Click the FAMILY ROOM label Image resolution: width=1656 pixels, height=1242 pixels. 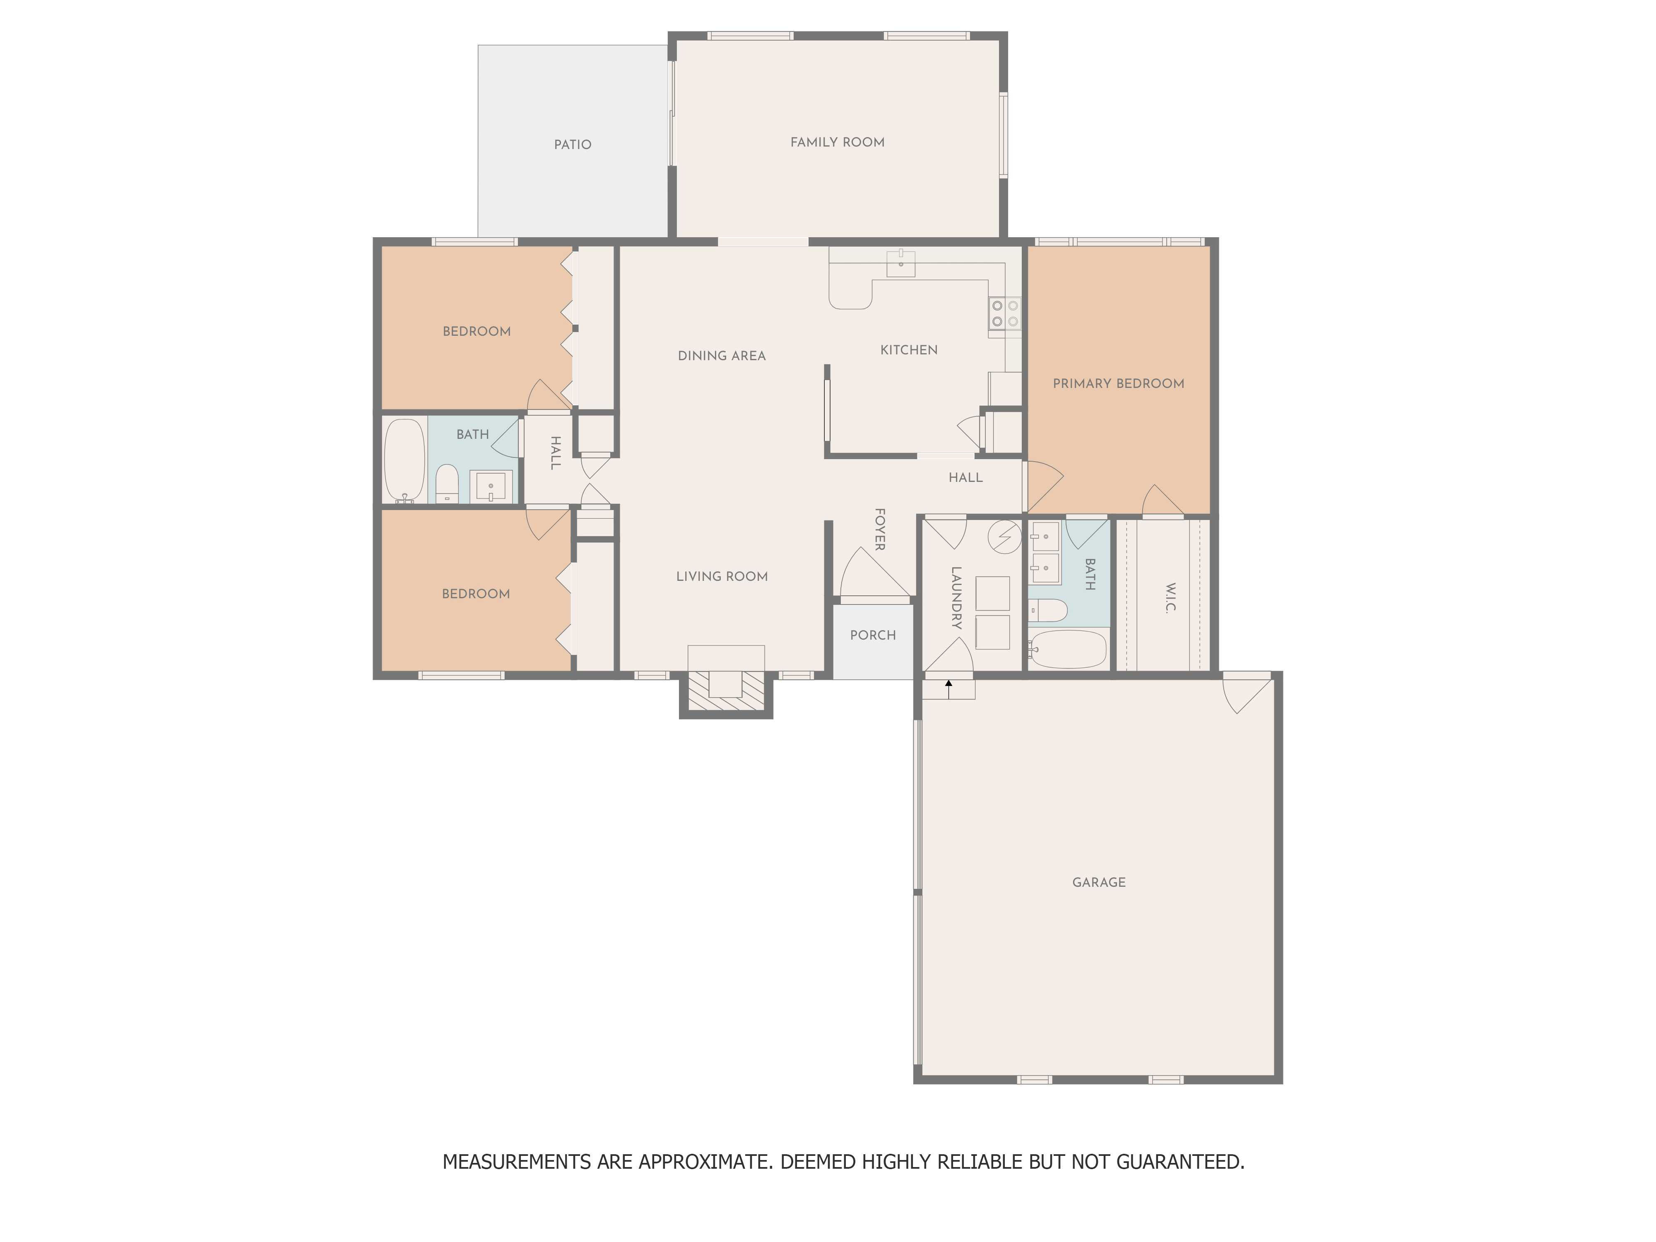click(x=837, y=142)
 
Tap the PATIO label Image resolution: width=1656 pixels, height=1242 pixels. click(x=573, y=144)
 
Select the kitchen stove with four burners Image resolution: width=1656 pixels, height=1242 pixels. click(x=1005, y=313)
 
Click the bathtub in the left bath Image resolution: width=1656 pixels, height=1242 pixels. click(x=404, y=460)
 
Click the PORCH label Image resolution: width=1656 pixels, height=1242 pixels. click(x=873, y=635)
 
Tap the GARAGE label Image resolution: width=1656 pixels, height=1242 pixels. click(x=1098, y=882)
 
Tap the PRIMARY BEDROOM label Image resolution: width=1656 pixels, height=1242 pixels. click(x=1119, y=383)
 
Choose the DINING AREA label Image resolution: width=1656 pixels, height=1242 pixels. click(x=722, y=356)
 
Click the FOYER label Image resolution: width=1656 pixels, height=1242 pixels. click(x=881, y=529)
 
